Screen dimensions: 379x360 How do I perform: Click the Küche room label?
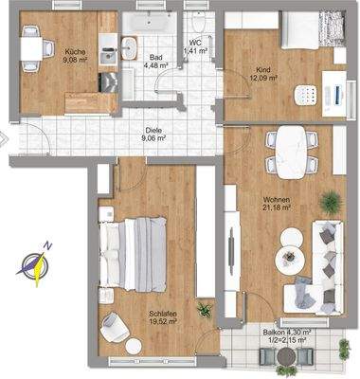click(x=74, y=58)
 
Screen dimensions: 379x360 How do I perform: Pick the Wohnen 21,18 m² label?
click(x=277, y=204)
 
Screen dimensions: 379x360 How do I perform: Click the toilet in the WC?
click(x=197, y=23)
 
